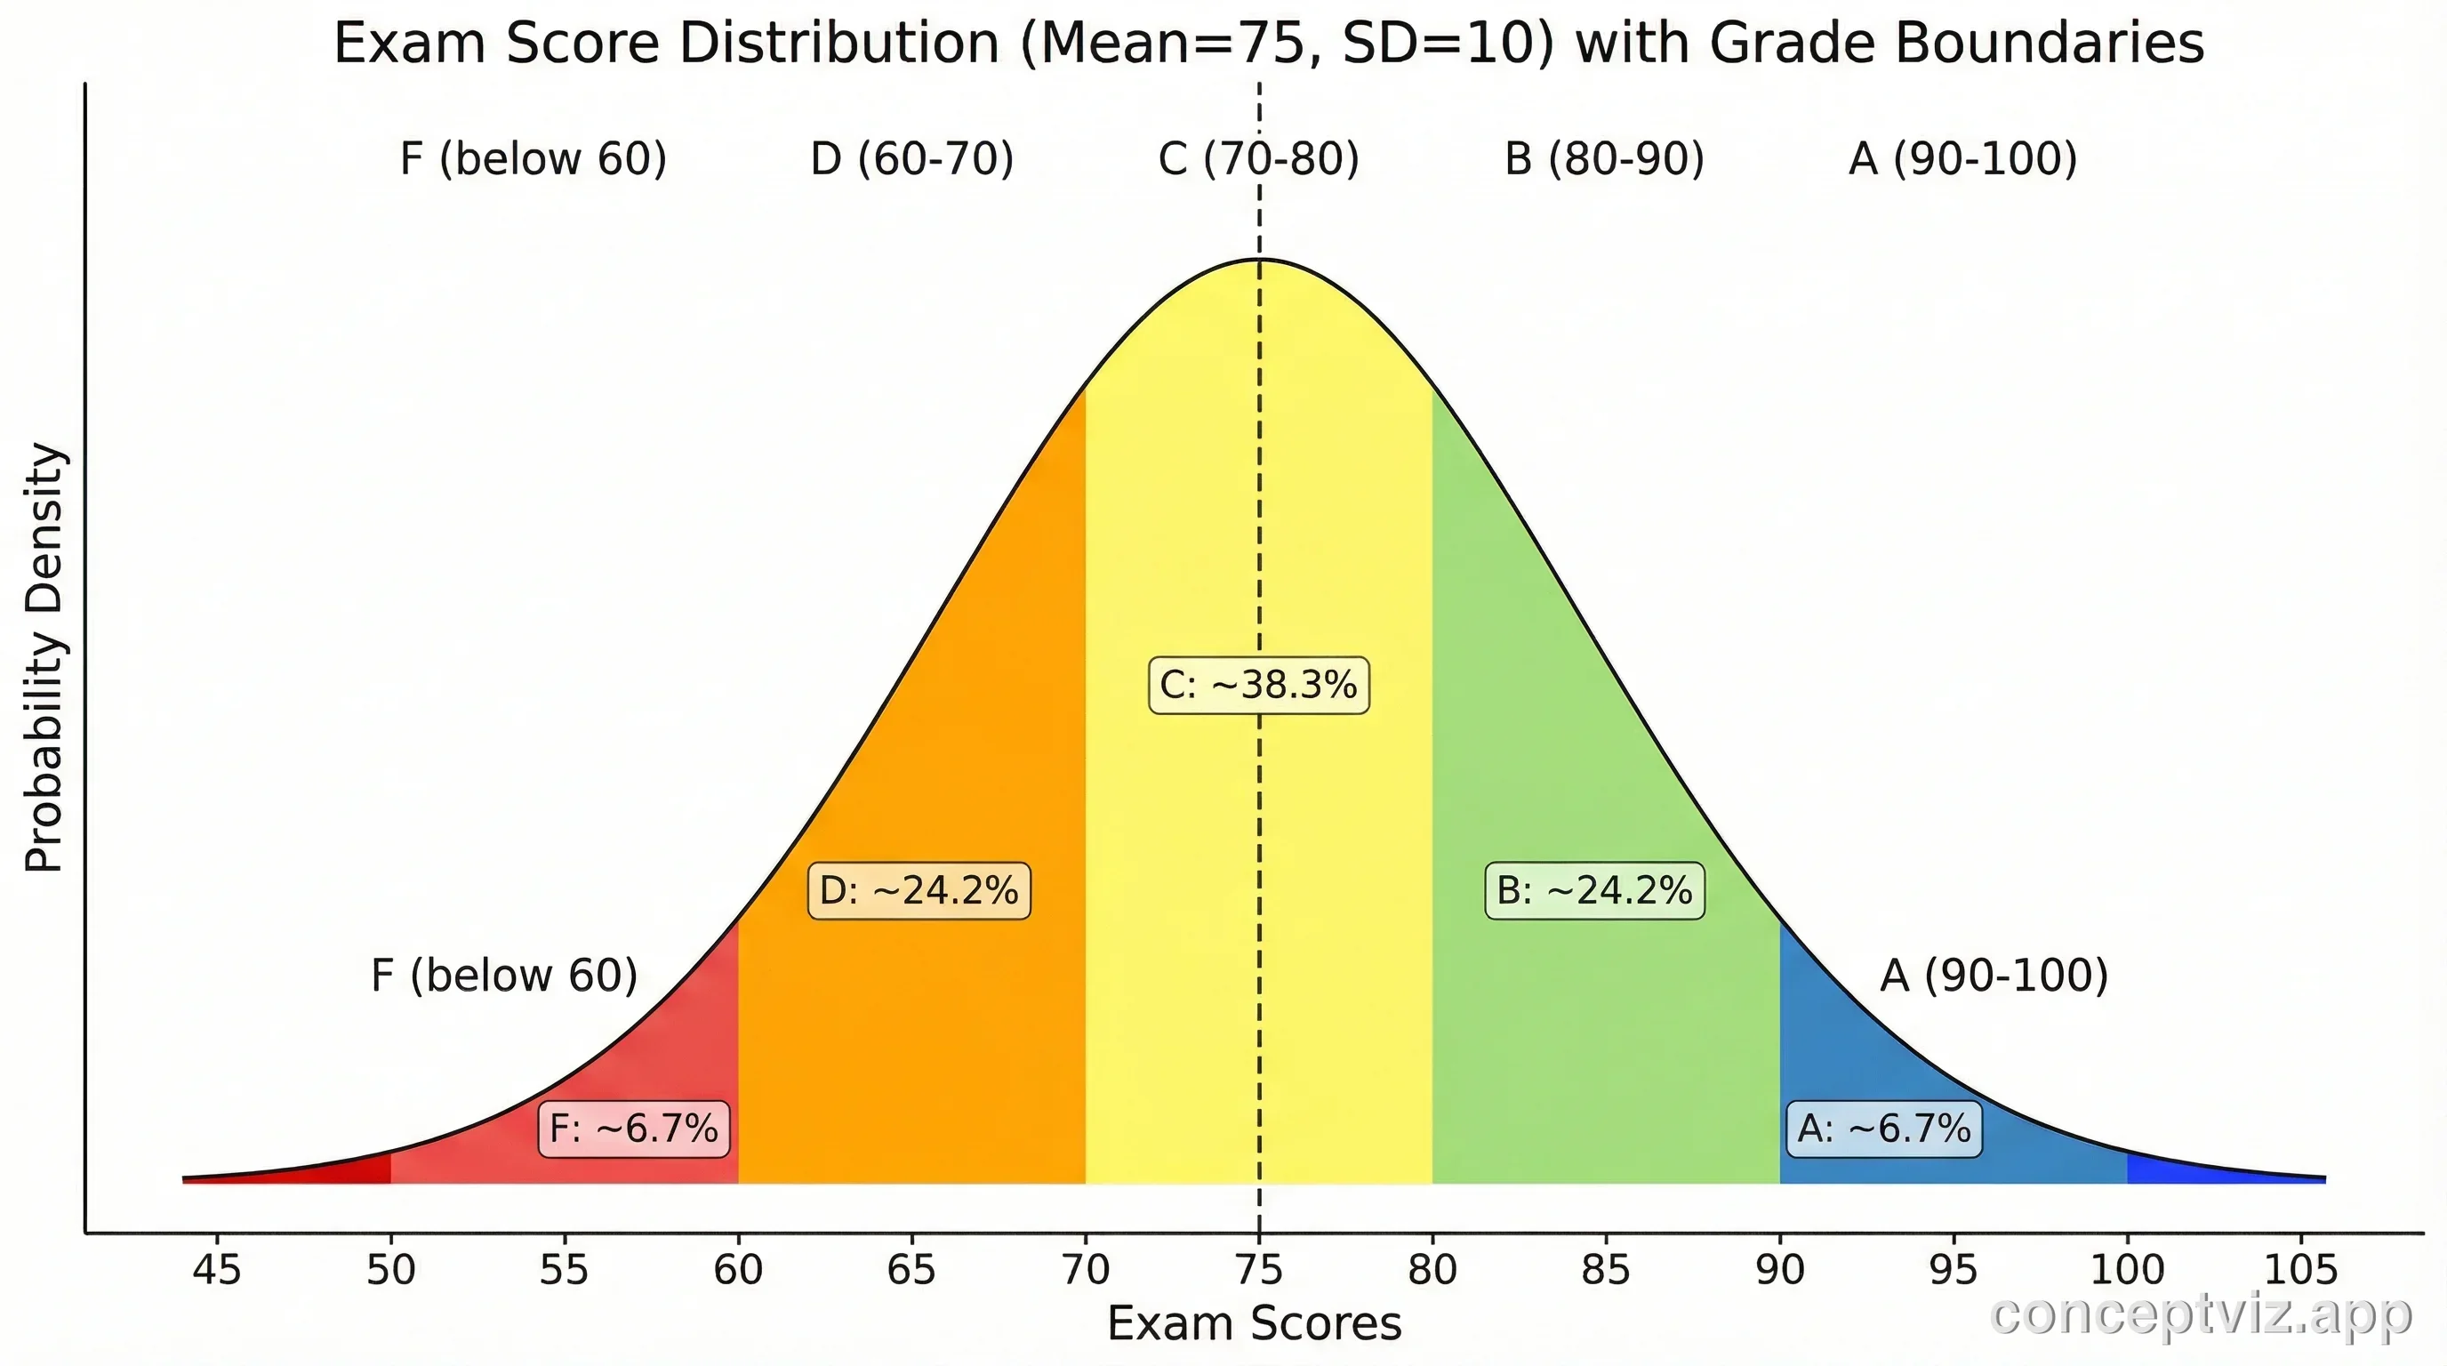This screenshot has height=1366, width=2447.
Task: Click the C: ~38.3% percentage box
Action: (x=1259, y=685)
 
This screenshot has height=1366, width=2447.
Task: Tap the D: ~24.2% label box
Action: (x=919, y=891)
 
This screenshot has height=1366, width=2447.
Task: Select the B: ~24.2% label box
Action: (x=1594, y=891)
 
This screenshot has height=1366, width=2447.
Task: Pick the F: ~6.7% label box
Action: (x=634, y=1129)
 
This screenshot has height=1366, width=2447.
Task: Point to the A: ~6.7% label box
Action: (x=1883, y=1129)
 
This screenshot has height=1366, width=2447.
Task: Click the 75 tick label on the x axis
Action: (x=1259, y=1270)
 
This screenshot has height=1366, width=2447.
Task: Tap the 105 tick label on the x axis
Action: (x=2300, y=1270)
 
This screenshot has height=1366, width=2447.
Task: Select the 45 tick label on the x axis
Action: (x=217, y=1270)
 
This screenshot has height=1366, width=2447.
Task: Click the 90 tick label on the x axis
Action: (x=1780, y=1270)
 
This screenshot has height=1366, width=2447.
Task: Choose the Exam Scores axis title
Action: (x=1254, y=1323)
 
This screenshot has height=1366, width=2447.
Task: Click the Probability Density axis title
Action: (x=44, y=657)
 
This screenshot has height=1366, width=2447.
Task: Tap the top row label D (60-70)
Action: (x=912, y=158)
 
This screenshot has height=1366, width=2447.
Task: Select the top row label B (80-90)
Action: (x=1604, y=158)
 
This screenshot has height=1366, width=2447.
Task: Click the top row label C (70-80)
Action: (x=1259, y=158)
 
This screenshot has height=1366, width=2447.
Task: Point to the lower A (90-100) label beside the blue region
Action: (x=1994, y=976)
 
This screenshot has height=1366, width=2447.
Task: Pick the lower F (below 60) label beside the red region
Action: (x=503, y=976)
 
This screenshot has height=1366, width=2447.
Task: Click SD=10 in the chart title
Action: (x=1447, y=44)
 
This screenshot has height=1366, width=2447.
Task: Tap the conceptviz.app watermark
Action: (x=2200, y=1315)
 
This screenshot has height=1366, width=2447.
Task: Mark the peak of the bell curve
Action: (x=1260, y=260)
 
